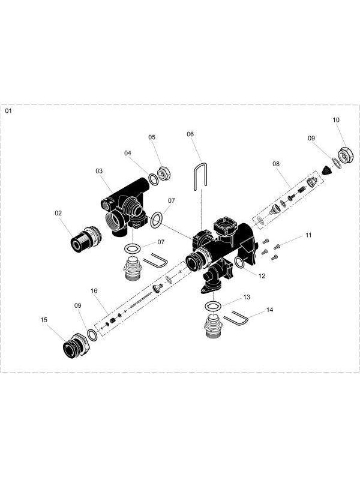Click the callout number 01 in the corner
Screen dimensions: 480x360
pyautogui.click(x=8, y=111)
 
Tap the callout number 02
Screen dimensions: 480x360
pyautogui.click(x=59, y=212)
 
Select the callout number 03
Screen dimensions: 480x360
pyautogui.click(x=99, y=171)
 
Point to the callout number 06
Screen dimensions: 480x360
pyautogui.click(x=190, y=134)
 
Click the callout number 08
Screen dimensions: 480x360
pyautogui.click(x=276, y=163)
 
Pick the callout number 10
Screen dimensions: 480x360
pyautogui.click(x=336, y=120)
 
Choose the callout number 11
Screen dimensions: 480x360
pyautogui.click(x=308, y=236)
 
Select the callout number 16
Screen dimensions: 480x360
pyautogui.click(x=94, y=290)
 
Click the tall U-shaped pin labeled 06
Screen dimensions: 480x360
pyautogui.click(x=198, y=177)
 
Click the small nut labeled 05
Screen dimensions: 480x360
pyautogui.click(x=164, y=172)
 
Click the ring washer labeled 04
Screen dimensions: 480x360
pyautogui.click(x=153, y=178)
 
